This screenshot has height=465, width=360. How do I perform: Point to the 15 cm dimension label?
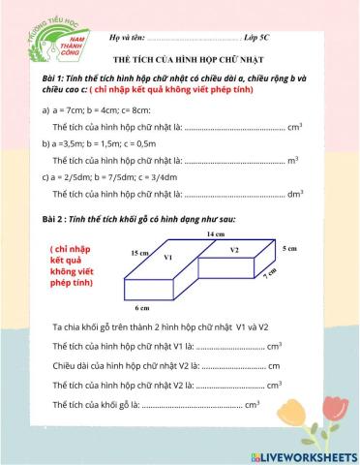tap(139, 252)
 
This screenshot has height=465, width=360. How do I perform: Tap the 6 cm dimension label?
tap(142, 307)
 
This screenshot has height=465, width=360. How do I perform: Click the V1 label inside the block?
tap(167, 258)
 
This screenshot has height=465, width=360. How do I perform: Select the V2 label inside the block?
tap(234, 250)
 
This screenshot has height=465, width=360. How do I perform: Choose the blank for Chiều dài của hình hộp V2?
tap(234, 366)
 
